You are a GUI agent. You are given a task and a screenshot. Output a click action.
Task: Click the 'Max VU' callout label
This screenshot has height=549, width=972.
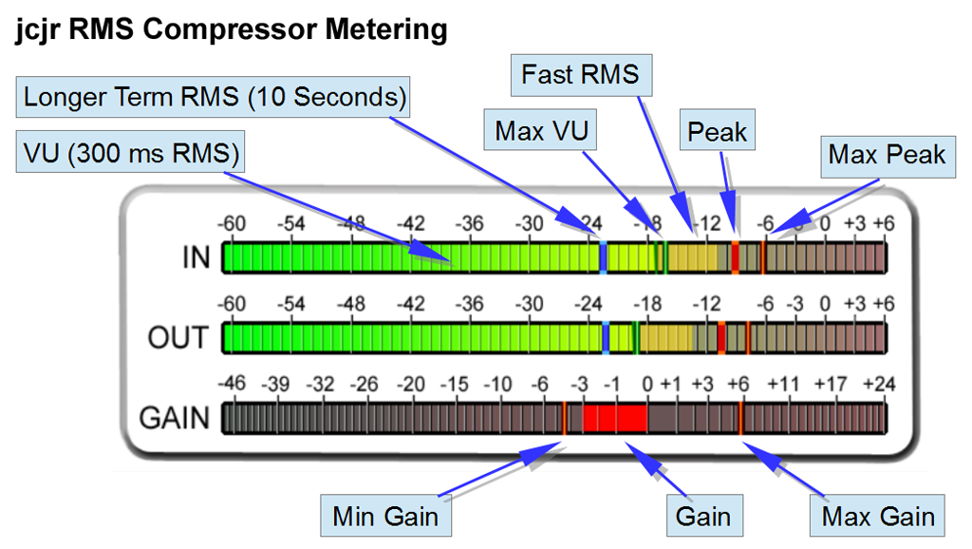point(540,130)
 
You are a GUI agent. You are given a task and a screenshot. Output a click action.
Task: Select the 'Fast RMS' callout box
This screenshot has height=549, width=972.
point(581,74)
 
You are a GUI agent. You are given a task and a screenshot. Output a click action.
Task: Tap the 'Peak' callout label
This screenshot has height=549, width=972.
point(717,132)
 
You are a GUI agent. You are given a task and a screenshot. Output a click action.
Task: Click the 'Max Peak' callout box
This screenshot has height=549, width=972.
point(887,154)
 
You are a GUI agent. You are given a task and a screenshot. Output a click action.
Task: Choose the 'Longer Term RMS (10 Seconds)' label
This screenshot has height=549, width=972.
point(215,97)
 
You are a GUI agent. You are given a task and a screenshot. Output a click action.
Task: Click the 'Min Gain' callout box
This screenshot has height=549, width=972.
point(384,517)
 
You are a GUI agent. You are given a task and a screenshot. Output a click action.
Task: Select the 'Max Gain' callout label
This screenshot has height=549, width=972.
point(878,517)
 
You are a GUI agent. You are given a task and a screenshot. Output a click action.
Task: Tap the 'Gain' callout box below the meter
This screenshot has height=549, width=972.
point(703,517)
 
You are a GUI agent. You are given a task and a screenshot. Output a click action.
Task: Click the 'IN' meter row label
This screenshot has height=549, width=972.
point(195,257)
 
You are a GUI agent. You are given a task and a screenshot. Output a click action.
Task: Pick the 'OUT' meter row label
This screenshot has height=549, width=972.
point(178,337)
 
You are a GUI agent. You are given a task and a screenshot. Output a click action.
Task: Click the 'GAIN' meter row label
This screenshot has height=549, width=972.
point(175,417)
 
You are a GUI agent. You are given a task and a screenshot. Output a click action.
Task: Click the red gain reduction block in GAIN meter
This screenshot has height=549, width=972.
point(614,418)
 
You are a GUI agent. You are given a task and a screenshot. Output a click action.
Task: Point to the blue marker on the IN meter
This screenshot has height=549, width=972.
point(604,257)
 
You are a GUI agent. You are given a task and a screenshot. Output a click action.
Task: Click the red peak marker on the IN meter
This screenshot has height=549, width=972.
point(735,257)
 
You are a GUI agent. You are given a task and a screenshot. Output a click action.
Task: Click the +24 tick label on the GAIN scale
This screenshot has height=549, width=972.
point(879,385)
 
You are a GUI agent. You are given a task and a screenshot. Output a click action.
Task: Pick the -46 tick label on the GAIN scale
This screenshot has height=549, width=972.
point(232,385)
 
